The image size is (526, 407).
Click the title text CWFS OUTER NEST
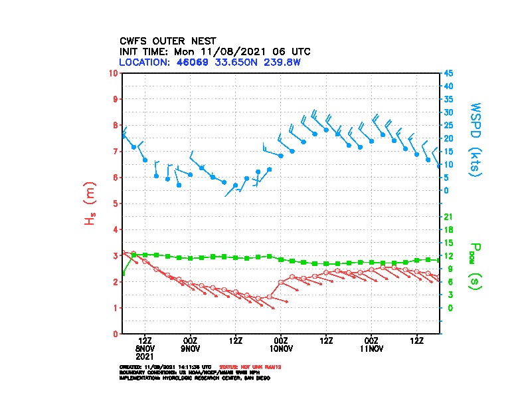[x=167, y=41]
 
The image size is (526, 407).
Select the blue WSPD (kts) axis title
[x=476, y=140]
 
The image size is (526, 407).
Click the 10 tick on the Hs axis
[x=114, y=72]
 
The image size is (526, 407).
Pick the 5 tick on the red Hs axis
[x=116, y=203]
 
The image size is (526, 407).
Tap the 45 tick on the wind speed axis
[x=448, y=73]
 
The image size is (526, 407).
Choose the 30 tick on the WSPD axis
[x=448, y=112]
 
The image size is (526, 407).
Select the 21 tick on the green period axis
[x=448, y=217]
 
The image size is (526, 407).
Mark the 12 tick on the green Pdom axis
[x=448, y=256]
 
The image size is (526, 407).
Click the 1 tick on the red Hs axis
[x=116, y=308]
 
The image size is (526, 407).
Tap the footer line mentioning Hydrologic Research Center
[x=195, y=378]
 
